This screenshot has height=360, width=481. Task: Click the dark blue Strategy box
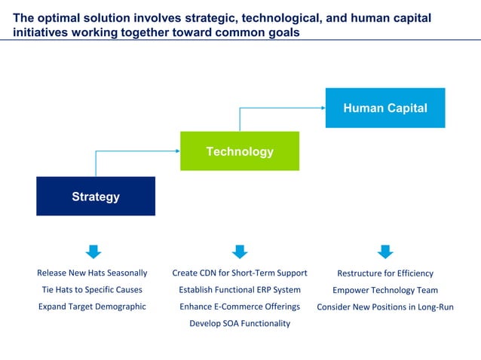point(96,197)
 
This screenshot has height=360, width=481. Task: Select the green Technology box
point(240,151)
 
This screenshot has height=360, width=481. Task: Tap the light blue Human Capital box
point(384,108)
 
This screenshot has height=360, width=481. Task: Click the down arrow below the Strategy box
point(93,252)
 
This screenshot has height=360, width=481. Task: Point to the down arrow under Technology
point(240,252)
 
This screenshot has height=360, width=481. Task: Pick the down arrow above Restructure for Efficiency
point(384,252)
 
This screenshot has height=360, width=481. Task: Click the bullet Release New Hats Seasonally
point(92,273)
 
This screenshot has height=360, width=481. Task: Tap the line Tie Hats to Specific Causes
point(92,289)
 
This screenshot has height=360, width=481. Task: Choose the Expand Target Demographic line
point(92,307)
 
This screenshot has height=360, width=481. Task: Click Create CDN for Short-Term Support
point(240,273)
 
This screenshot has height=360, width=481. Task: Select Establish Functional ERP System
point(240,289)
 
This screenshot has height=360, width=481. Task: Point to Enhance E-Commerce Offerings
point(240,307)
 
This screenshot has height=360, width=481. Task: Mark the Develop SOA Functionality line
point(240,323)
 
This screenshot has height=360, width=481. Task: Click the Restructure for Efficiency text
point(384,273)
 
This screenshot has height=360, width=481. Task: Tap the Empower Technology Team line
point(384,290)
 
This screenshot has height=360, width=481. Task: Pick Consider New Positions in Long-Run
point(384,307)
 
